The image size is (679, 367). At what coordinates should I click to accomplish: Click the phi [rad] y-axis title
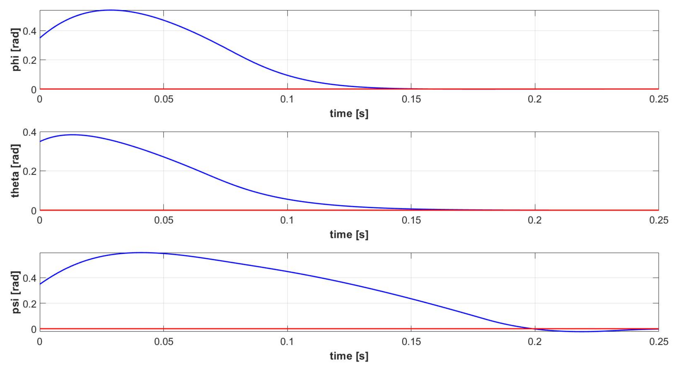15,50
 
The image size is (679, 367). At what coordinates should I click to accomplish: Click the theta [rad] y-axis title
15,171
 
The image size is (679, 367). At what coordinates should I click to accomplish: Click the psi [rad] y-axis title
15,292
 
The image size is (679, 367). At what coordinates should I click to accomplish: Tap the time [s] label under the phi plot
349,114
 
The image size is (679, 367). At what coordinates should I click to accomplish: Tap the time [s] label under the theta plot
349,235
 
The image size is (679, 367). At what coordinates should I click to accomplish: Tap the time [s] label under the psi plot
349,356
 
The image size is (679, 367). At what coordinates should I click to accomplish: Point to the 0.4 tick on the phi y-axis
30,31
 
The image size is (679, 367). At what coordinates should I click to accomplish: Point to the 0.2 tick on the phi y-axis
30,60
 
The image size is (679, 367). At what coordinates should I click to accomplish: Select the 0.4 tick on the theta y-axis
30,132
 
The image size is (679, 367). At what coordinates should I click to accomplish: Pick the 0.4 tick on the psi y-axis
30,278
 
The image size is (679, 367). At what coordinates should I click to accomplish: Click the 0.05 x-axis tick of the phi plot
164,99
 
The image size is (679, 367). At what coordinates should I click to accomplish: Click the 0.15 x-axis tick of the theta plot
411,220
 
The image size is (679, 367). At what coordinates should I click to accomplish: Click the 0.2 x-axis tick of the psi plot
535,342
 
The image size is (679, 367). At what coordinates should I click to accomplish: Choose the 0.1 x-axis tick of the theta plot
287,220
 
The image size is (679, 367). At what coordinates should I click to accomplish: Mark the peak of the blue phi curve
111,10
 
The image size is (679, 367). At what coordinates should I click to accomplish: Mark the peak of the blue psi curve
141,253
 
